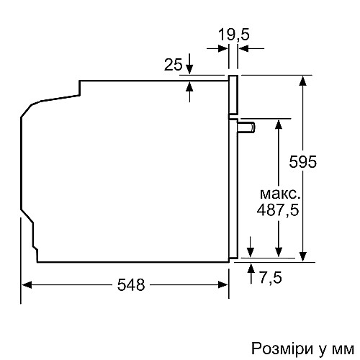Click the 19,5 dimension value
coord(234,35)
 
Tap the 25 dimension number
coord(174,65)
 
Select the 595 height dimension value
coord(303,161)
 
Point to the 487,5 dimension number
coord(278,210)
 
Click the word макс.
coord(280,194)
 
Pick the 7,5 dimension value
coord(271,278)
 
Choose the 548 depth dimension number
coord(131,285)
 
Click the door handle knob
coord(246,127)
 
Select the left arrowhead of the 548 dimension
coord(27,285)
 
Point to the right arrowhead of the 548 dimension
coord(222,285)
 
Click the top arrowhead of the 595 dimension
coord(303,81)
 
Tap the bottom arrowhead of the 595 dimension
coord(303,256)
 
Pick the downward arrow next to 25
coord(189,64)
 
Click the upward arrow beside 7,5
coord(251,274)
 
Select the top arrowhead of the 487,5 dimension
coord(279,125)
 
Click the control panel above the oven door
coord(233,95)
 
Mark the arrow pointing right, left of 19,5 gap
coord(217,48)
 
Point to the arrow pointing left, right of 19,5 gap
coord(251,48)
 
